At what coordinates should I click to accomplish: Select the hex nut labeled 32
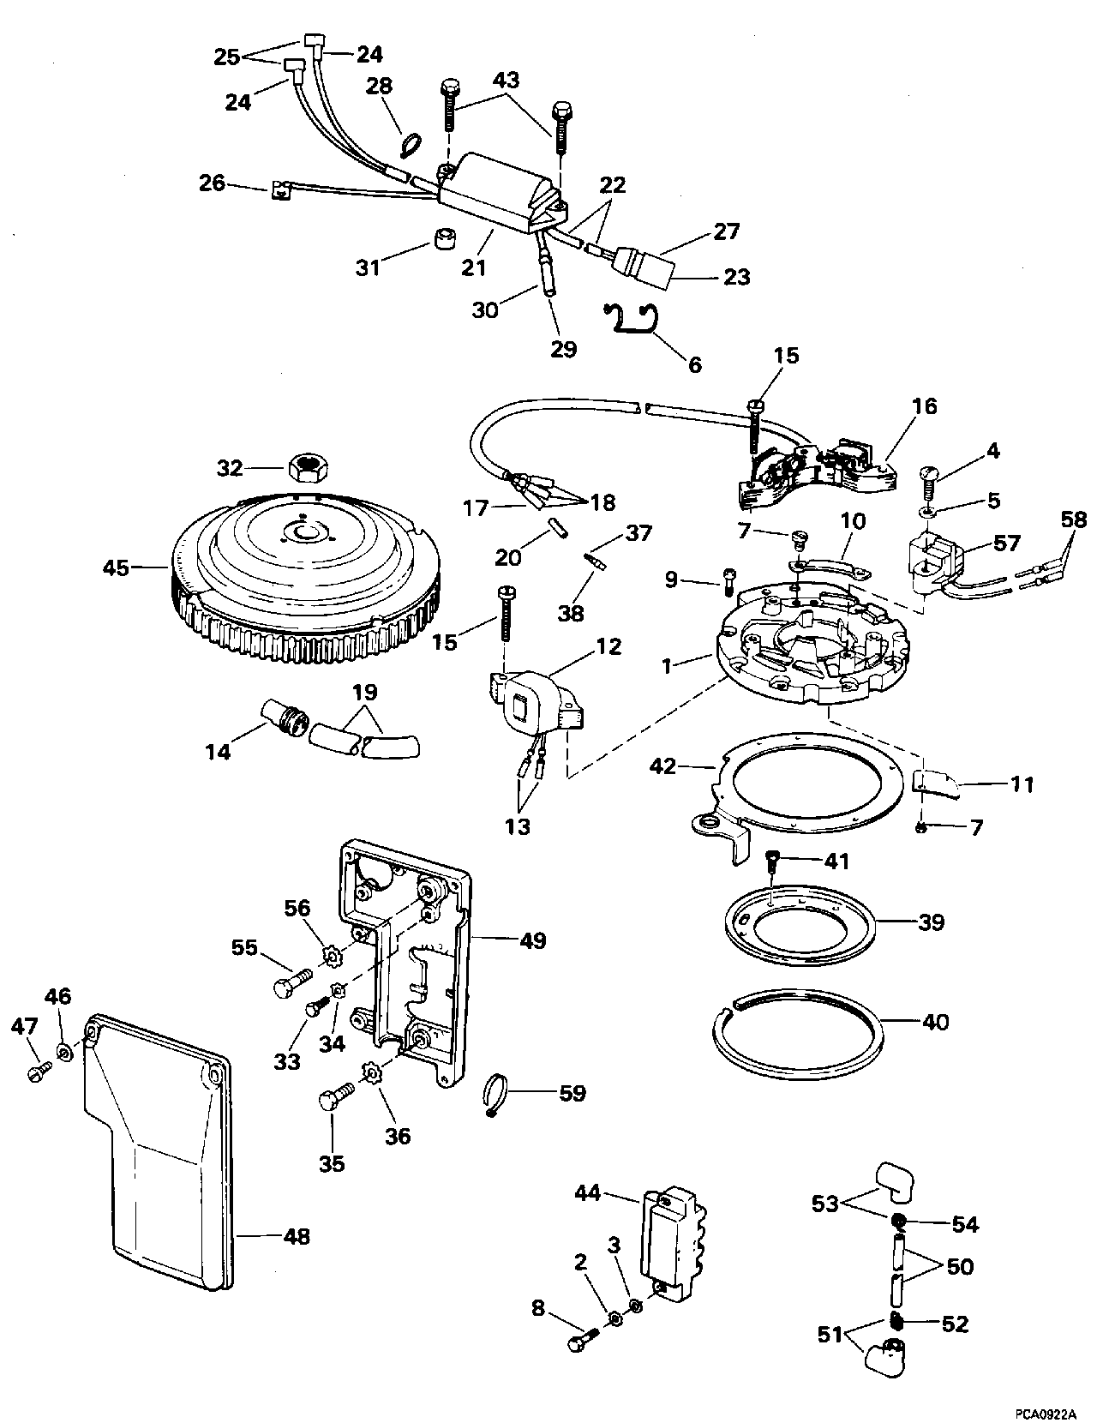click(306, 468)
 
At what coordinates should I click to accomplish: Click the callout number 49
click(532, 941)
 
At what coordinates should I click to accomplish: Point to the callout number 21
click(474, 267)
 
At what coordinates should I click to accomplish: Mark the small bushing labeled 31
click(443, 239)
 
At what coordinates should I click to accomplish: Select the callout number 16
click(925, 406)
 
